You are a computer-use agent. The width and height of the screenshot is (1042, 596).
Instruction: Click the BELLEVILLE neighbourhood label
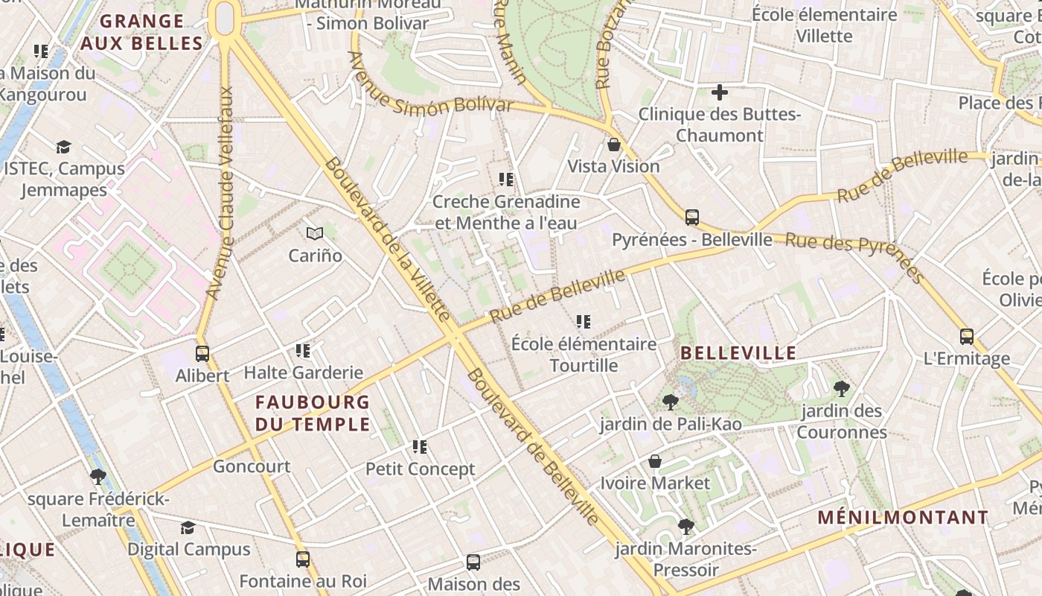click(738, 353)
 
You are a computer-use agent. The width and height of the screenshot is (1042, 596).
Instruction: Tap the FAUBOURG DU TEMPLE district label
click(313, 413)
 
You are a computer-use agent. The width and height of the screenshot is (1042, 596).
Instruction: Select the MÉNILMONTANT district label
click(903, 518)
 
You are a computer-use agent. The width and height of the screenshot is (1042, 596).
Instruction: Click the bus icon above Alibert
click(202, 354)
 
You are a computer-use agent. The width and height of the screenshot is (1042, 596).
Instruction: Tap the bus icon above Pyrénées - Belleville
click(692, 218)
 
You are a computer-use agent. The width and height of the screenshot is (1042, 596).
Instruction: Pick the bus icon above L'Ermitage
click(966, 336)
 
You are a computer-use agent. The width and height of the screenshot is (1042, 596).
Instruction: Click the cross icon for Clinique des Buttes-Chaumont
click(719, 92)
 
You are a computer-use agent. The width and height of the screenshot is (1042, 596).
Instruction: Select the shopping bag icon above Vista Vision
click(614, 145)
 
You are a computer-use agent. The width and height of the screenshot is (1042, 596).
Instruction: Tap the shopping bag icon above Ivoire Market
click(655, 462)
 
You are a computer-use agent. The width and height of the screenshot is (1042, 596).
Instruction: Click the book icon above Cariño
click(316, 234)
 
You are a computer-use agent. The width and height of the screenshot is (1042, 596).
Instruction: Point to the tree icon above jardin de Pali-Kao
click(670, 402)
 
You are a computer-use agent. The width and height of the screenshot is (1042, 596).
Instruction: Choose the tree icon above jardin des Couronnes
click(842, 388)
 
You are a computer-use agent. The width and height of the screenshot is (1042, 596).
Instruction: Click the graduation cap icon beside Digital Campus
click(188, 527)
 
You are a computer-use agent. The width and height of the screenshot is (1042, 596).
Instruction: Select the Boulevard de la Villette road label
click(386, 238)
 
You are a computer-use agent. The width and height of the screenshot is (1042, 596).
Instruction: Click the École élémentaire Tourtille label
click(584, 355)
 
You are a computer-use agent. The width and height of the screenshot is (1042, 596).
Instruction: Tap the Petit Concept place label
click(420, 469)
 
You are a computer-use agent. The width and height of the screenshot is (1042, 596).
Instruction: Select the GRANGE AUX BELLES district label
click(141, 33)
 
